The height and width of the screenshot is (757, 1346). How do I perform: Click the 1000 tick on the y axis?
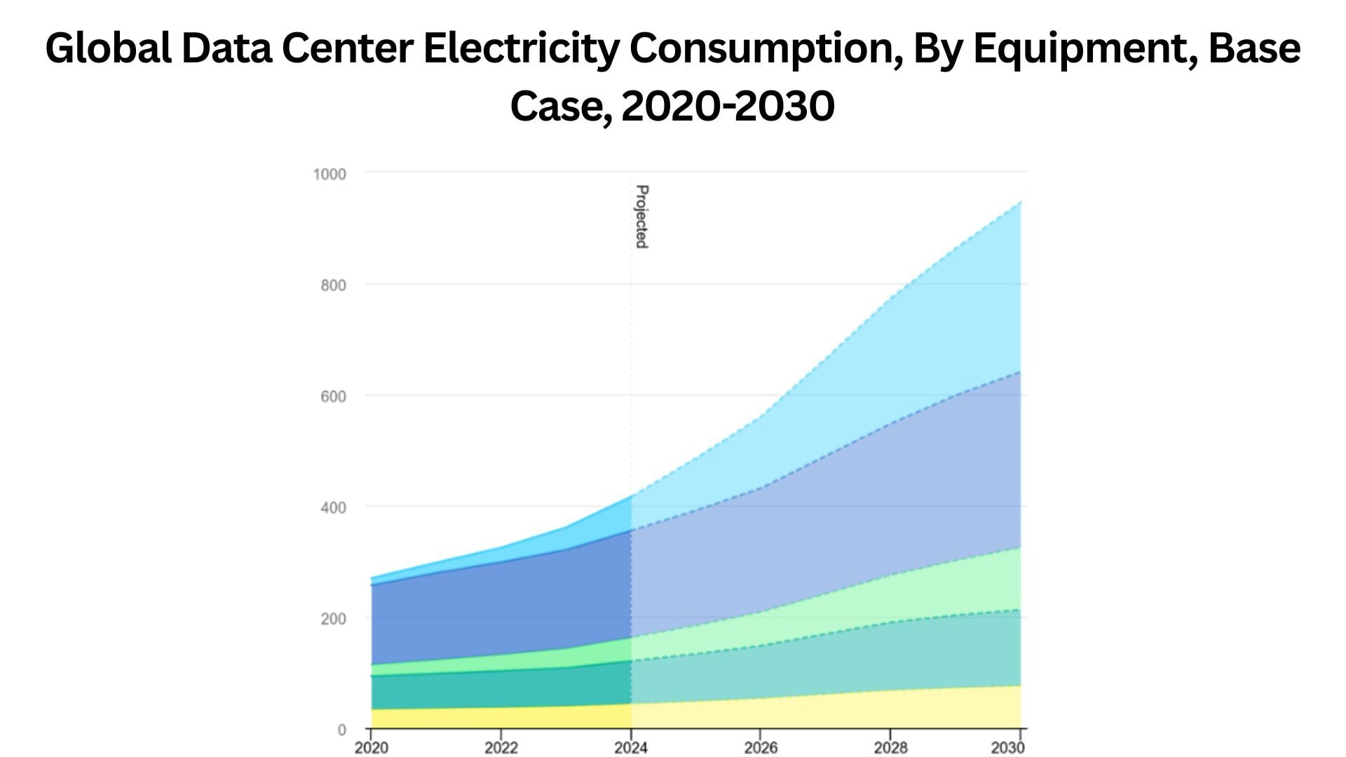click(x=329, y=174)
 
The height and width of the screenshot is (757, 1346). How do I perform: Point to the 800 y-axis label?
click(x=333, y=285)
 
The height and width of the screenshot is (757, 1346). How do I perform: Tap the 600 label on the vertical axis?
click(x=333, y=397)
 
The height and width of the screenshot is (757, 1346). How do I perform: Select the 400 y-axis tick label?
click(x=333, y=507)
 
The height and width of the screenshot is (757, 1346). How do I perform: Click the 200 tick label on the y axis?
click(x=333, y=619)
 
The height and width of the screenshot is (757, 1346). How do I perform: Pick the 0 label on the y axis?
click(x=341, y=730)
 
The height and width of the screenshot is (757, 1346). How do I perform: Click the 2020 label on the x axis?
click(x=371, y=748)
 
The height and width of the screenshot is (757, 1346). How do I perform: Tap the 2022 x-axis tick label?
click(x=501, y=748)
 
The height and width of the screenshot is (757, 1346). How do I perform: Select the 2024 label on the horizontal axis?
click(x=631, y=748)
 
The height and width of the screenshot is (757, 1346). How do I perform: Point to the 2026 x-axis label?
click(x=761, y=748)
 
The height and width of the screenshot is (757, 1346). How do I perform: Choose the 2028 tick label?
click(x=890, y=748)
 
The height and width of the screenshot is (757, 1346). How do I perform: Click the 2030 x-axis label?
click(x=1007, y=748)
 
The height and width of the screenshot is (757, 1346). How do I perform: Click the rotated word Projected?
click(x=641, y=217)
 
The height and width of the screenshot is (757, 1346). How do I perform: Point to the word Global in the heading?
click(x=109, y=49)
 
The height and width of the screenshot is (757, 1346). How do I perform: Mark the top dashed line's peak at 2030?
click(x=1020, y=202)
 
